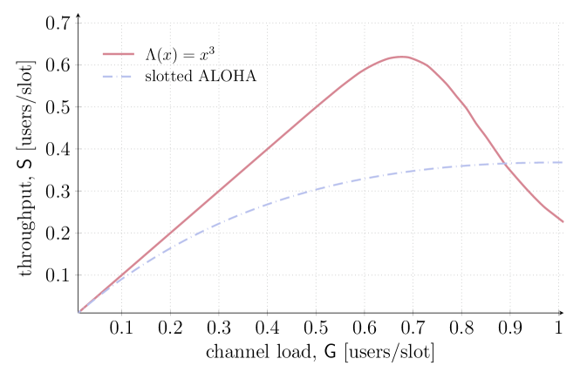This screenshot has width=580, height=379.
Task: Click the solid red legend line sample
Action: tap(119, 54)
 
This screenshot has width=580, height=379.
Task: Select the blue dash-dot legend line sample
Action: tap(117, 77)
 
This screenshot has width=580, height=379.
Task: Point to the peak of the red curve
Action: tap(400, 57)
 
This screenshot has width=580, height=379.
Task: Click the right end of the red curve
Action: tap(563, 221)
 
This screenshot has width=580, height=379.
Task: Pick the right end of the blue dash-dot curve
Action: tap(563, 162)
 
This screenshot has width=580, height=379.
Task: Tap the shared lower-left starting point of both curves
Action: tap(78, 312)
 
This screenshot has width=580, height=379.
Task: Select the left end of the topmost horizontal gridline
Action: tap(78, 24)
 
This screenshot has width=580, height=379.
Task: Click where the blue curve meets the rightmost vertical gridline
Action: tap(559, 162)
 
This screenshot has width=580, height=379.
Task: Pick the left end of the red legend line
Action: tap(103, 54)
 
